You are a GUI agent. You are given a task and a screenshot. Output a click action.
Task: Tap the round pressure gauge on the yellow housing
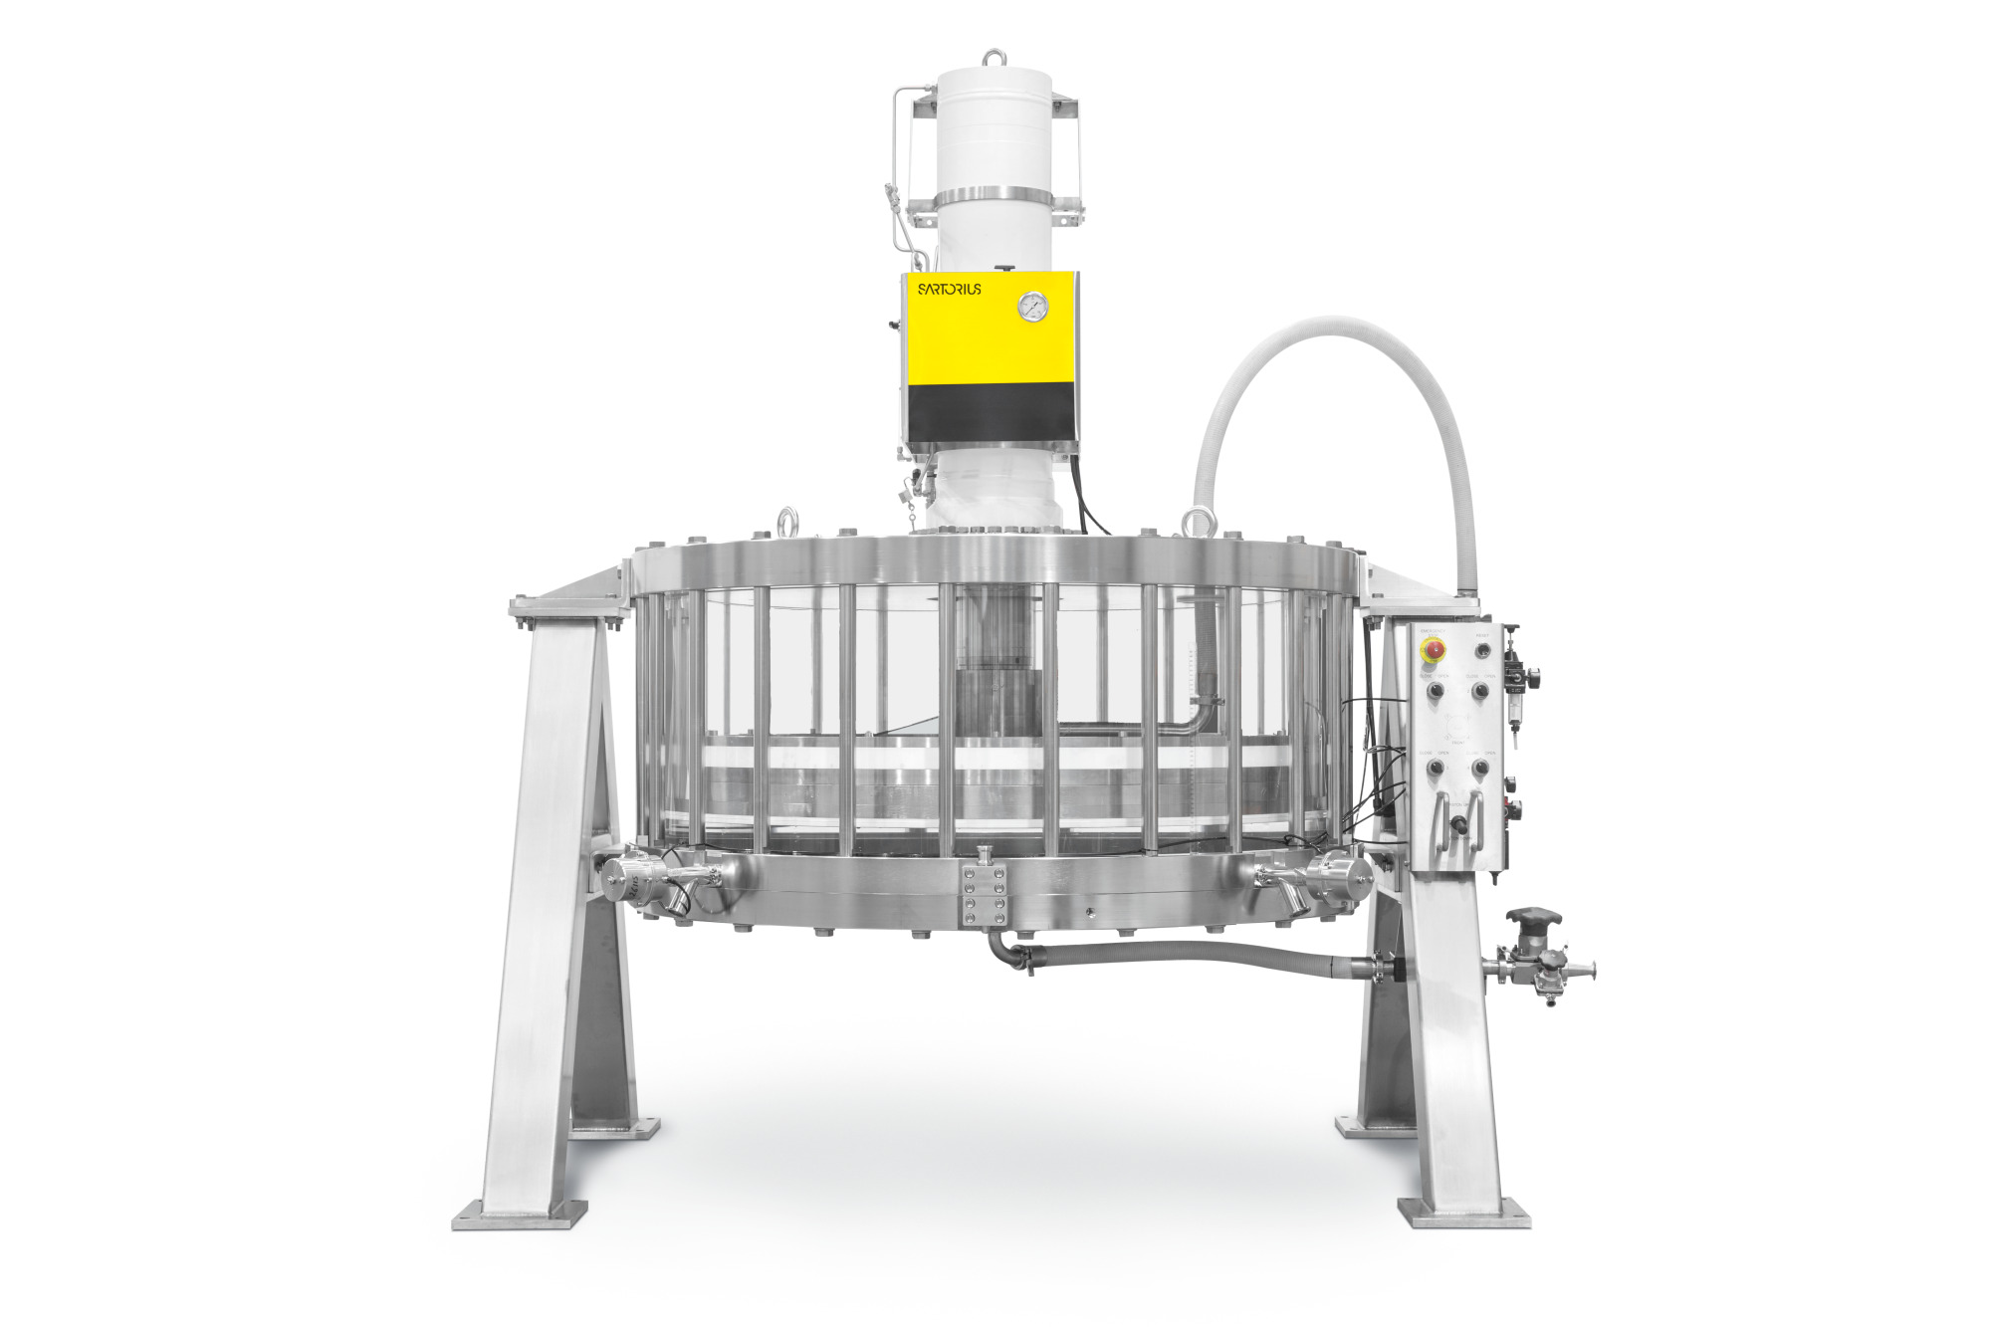(1033, 307)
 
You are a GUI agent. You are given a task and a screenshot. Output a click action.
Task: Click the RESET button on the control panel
(1483, 650)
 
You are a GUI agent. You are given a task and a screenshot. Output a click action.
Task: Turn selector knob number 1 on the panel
(1436, 690)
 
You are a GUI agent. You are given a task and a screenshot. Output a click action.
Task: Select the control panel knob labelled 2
(1481, 690)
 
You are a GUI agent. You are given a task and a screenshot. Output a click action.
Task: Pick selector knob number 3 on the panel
(1436, 768)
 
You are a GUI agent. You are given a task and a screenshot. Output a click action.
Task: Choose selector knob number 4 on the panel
(1481, 768)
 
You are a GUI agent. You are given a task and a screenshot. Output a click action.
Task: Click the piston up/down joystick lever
(1460, 824)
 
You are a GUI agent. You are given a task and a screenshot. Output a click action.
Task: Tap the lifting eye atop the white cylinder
(994, 58)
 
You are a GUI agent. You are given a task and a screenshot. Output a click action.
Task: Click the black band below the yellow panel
(991, 415)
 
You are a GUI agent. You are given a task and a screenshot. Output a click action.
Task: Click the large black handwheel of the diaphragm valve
(1533, 917)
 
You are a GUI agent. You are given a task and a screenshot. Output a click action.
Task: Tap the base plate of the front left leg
(520, 1215)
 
